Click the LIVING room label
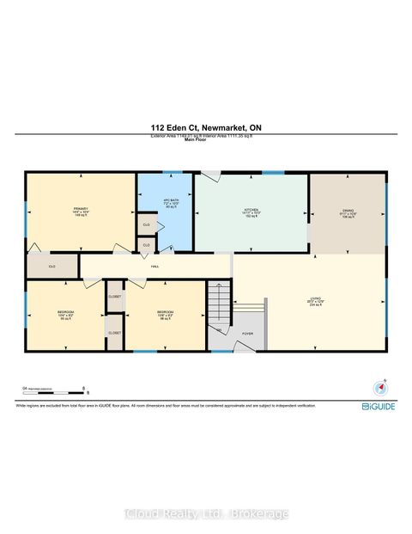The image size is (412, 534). coord(315,301)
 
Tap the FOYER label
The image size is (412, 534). coord(247,334)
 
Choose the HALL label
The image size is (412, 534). coord(154,267)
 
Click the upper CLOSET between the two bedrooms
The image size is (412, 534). coord(114,297)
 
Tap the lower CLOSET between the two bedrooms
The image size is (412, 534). coord(114,332)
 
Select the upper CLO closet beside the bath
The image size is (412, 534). coord(147,224)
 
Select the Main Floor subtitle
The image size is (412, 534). coord(206,141)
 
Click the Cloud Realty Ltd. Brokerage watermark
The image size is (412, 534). coord(206,513)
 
